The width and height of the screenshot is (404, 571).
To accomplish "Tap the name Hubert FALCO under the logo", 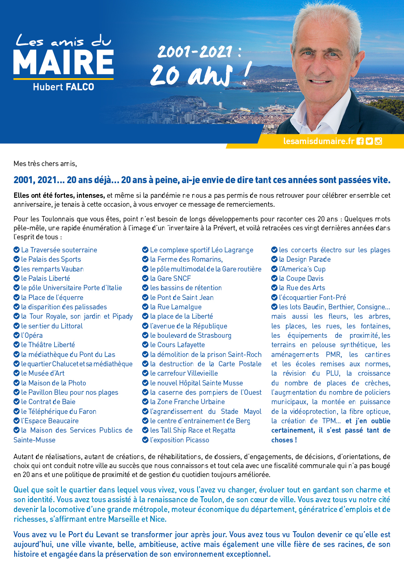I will [x=64, y=87].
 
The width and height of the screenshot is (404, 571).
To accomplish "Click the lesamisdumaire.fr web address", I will [x=319, y=141].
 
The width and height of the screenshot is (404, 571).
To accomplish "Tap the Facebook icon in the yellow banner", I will [x=360, y=141].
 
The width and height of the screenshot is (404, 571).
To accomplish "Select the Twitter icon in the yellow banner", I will [x=369, y=141].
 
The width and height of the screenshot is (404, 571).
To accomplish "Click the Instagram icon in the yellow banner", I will [x=378, y=141].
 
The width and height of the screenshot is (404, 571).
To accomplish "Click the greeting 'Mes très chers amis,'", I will [x=45, y=164].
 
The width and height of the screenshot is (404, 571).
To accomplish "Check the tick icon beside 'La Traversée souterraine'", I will [x=17, y=249].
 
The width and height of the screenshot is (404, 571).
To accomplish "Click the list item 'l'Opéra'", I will [x=32, y=335].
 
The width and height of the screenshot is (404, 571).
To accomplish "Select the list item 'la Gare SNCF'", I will [x=170, y=278].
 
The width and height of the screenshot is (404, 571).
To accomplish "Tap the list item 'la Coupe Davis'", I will [x=301, y=278].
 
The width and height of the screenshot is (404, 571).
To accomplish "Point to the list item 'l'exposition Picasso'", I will [x=179, y=440].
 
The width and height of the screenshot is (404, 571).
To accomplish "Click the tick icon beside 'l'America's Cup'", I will [x=274, y=269].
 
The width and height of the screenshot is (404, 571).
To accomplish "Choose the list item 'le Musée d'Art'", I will [x=43, y=373].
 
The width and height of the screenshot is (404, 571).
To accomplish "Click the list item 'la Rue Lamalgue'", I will [x=176, y=307].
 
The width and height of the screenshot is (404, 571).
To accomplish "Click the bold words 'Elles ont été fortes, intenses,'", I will [x=59, y=195].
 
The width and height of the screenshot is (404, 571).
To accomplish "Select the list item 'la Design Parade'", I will [x=305, y=259].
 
